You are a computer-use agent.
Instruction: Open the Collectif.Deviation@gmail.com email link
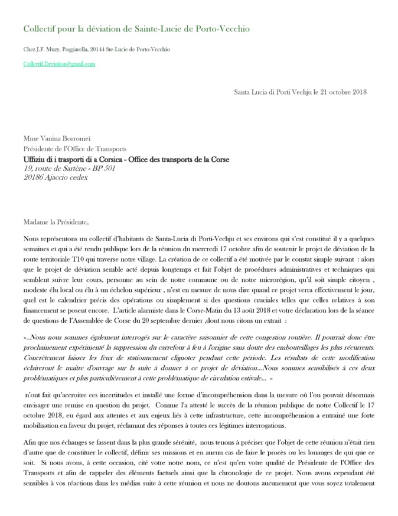click(59, 63)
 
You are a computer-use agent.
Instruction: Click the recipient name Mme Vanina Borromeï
click(56, 140)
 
